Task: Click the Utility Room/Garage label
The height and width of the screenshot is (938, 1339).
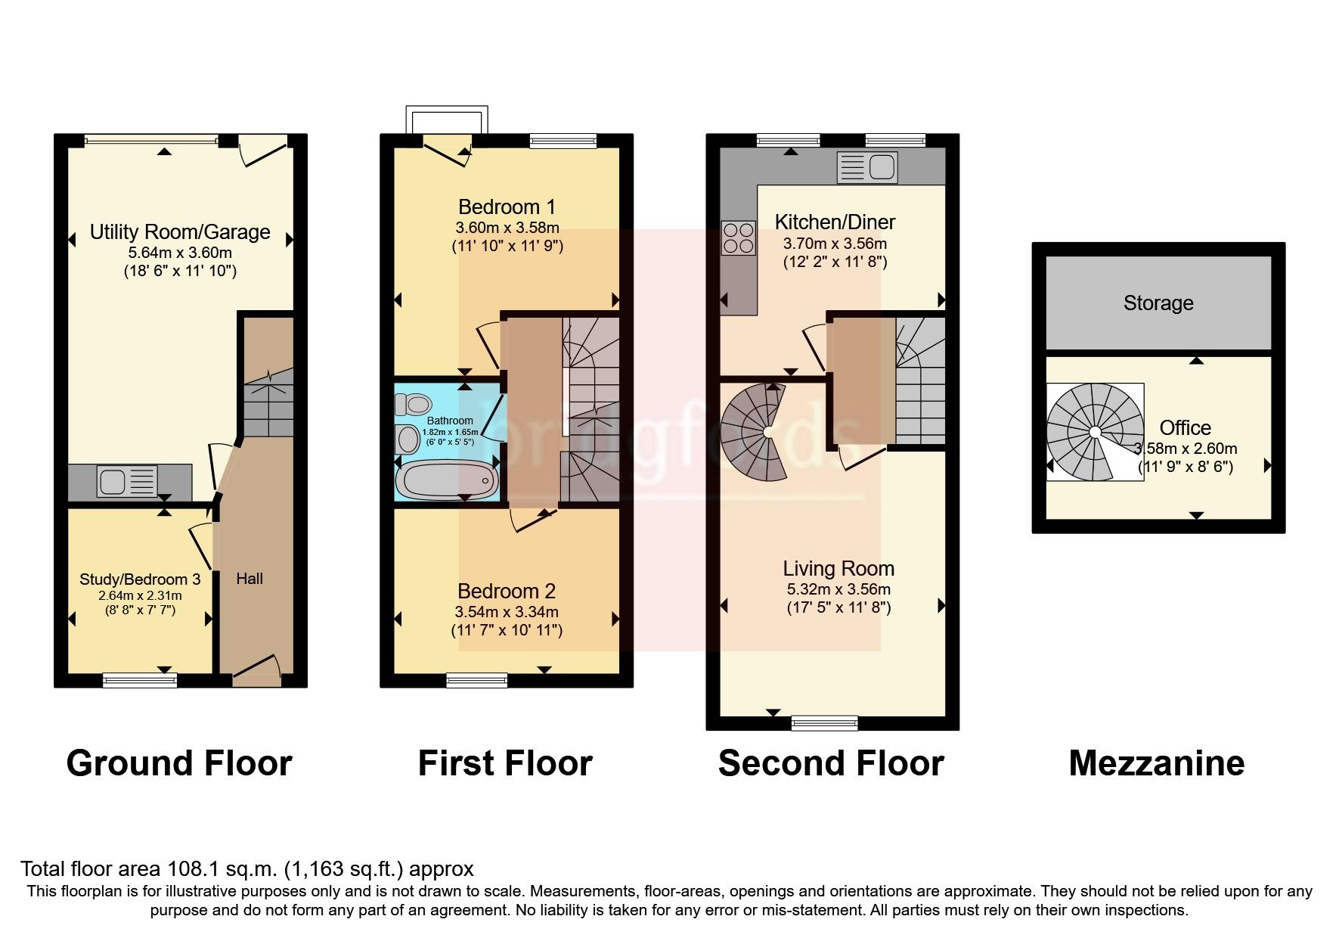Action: click(x=180, y=232)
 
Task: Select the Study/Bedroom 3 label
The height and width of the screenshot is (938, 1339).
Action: click(x=140, y=579)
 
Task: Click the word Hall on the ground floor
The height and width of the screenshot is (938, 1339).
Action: click(x=250, y=579)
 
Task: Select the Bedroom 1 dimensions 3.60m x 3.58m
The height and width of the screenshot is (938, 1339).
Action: click(x=507, y=228)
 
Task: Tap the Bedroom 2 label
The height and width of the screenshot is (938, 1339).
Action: click(x=507, y=591)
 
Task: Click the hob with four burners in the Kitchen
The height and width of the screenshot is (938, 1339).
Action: click(x=738, y=238)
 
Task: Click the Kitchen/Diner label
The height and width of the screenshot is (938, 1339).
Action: click(x=835, y=222)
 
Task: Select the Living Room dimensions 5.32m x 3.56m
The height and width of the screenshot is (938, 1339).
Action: click(x=838, y=589)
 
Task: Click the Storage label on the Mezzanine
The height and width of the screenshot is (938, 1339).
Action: click(x=1158, y=303)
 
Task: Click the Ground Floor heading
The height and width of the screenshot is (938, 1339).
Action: click(x=179, y=763)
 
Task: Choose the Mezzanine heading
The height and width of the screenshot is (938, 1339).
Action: click(x=1156, y=763)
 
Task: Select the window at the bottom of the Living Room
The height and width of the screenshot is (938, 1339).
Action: click(x=824, y=723)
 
